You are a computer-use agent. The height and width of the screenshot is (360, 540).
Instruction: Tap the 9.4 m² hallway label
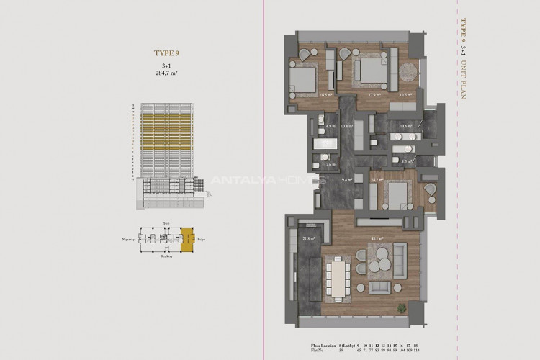click(346, 181)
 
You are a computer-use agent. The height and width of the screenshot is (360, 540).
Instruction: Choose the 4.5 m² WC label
click(406, 162)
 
